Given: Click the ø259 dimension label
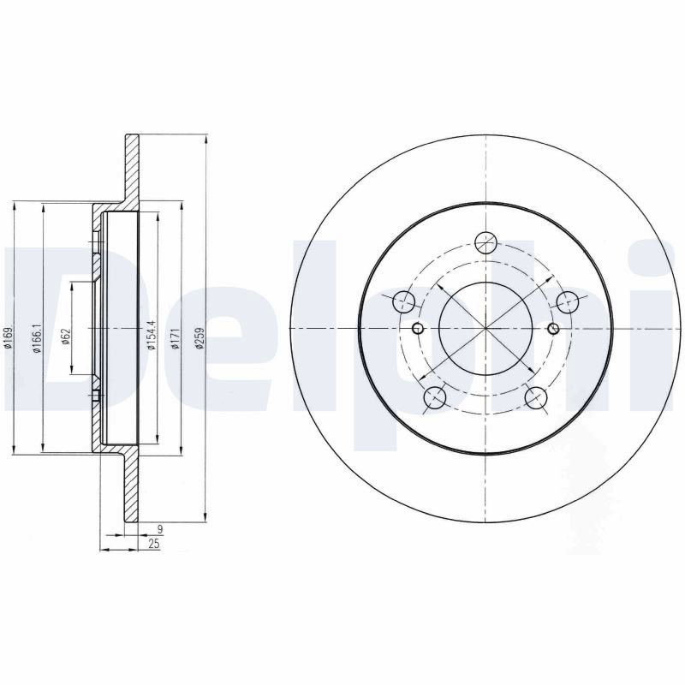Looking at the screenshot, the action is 200,338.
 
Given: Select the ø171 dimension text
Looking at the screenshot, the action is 176,338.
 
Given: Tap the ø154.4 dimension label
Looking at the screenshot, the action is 152,336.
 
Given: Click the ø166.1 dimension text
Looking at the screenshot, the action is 38,338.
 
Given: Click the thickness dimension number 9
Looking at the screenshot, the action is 160,529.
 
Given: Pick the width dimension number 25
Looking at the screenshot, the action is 154,545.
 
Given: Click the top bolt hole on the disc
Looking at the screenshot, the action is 486,242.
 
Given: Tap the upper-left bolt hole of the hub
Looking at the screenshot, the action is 403,301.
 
